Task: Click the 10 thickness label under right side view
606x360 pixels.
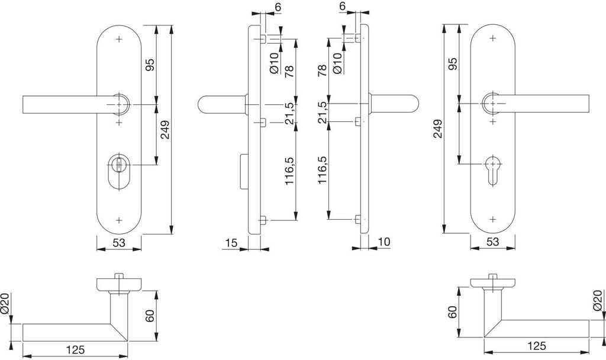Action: point(383,243)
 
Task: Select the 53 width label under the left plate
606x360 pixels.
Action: point(118,243)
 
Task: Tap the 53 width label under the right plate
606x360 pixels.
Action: point(492,243)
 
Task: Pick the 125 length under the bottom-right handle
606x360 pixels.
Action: point(536,346)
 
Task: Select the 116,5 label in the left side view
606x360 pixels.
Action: point(289,172)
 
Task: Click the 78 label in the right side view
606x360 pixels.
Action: point(322,72)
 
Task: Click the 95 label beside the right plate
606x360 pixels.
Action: point(453,63)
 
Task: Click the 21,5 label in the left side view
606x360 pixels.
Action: point(289,112)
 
